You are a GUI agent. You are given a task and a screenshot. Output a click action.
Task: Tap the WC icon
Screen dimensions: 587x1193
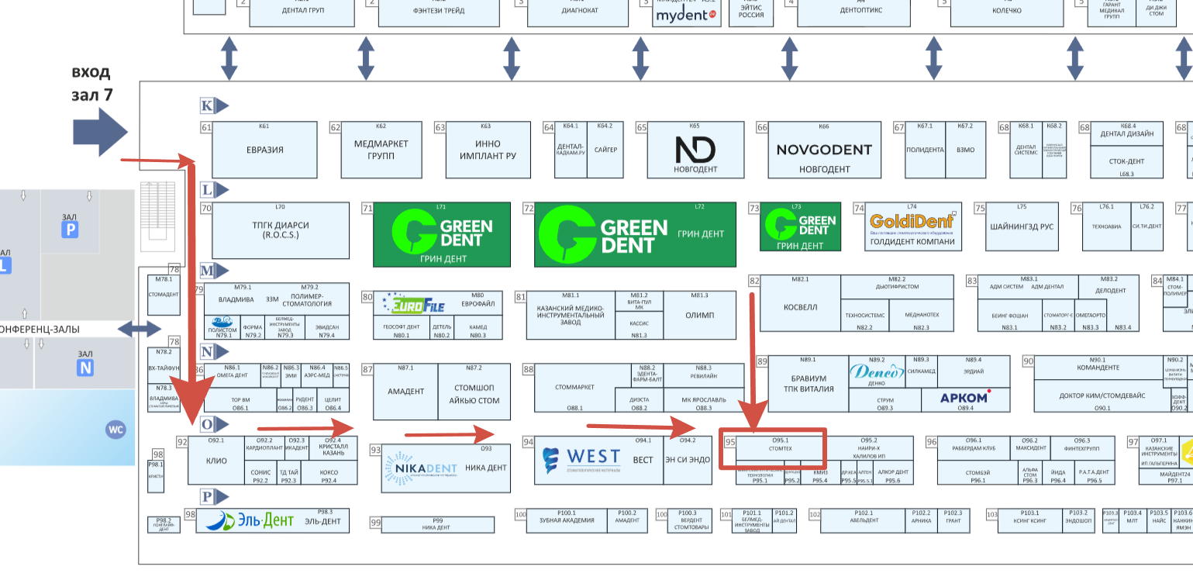(116, 429)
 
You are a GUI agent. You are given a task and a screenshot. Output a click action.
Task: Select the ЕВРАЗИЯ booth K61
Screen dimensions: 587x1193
(264, 149)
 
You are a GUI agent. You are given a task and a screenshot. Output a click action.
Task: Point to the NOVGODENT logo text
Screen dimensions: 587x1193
(824, 150)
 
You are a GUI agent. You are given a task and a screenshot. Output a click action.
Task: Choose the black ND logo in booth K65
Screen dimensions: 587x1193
(693, 149)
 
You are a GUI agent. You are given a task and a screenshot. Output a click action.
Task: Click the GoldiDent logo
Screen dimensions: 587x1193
(912, 222)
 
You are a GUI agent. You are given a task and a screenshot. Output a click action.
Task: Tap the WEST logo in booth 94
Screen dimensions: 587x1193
(581, 458)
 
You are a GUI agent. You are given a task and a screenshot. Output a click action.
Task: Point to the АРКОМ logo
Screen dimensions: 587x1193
(964, 399)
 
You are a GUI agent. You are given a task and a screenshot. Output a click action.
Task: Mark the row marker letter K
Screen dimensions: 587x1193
(206, 105)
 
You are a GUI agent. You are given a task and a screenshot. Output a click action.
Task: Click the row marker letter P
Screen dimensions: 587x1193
(206, 496)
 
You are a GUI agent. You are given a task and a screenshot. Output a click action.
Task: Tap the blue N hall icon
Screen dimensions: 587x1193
(85, 368)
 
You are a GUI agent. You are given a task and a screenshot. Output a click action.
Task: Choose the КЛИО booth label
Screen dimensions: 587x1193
(216, 461)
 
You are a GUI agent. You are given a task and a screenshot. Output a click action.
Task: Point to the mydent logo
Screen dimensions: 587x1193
(684, 15)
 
